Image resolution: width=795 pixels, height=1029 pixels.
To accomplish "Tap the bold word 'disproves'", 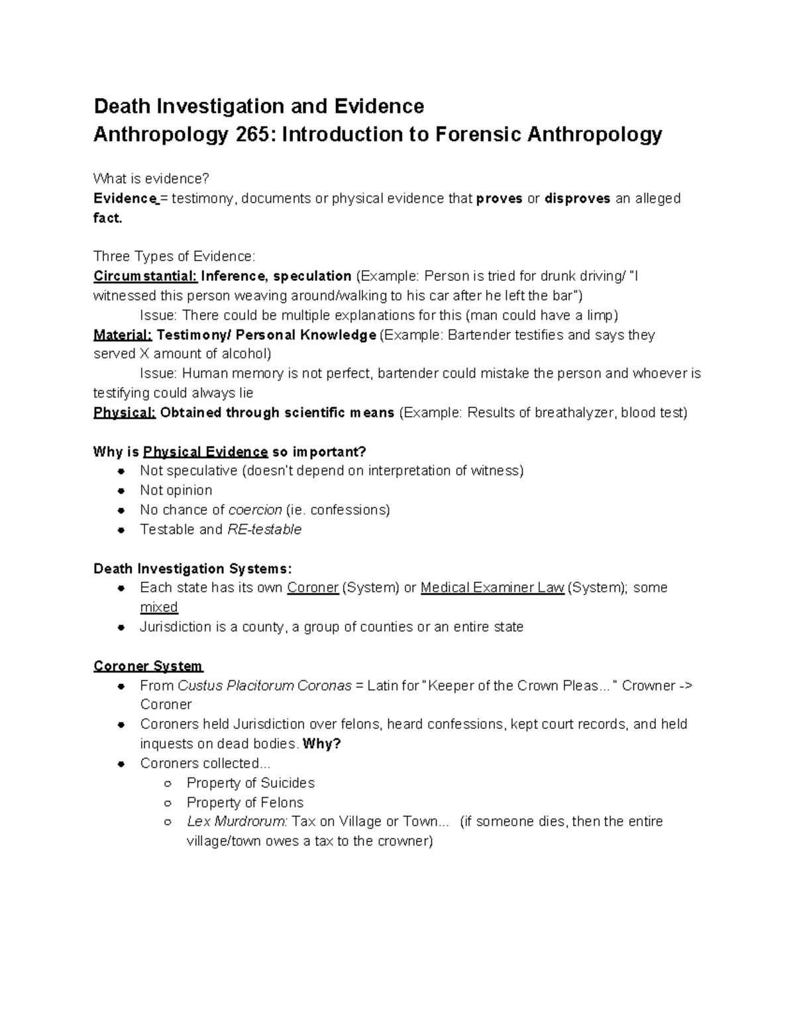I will [x=577, y=199].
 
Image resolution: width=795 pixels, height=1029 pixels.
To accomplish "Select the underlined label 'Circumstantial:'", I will [x=145, y=276].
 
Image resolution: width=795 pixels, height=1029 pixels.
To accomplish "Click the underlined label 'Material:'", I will [x=123, y=335].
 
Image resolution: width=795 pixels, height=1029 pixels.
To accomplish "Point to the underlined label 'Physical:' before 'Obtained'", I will [x=125, y=413].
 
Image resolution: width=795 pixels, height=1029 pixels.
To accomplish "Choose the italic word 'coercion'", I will [x=255, y=510].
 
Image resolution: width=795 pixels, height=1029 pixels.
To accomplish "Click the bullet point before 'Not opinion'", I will [x=121, y=491].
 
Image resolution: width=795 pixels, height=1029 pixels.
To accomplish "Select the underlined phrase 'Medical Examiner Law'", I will [x=492, y=588].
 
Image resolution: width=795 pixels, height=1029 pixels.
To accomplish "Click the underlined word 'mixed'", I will [x=159, y=608].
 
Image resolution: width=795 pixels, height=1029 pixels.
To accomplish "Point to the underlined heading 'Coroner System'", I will [x=148, y=666].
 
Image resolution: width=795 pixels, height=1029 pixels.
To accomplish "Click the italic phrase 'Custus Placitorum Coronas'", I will [x=265, y=686].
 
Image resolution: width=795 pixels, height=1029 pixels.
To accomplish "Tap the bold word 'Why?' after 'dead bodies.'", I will [x=321, y=744].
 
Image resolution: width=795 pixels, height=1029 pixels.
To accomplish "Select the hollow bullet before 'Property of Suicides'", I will [x=168, y=783].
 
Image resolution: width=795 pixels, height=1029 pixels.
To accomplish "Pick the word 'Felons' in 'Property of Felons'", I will [x=282, y=803].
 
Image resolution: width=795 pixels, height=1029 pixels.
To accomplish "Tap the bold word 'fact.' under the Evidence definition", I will [x=108, y=218].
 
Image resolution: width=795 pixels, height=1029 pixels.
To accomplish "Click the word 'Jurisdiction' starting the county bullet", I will [x=176, y=627].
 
